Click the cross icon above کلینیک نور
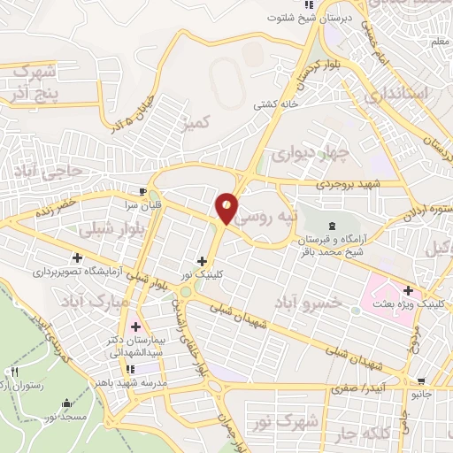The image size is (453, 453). tap(203, 261)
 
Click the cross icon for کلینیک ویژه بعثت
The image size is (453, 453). tap(408, 289)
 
